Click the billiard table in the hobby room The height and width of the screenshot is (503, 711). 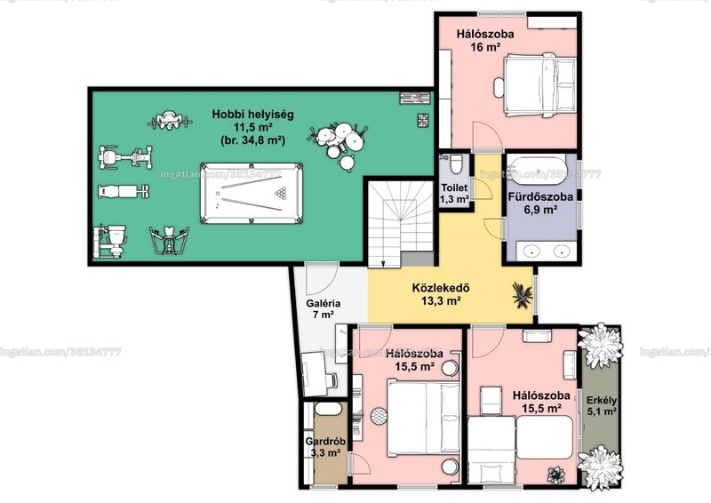(252, 193)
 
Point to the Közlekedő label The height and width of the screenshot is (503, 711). (441, 288)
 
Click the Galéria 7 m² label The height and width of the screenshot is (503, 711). (323, 309)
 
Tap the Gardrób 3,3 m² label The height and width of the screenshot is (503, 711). (325, 447)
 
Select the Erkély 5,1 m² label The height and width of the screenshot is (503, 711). (602, 406)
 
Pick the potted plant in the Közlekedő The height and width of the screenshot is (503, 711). (522, 295)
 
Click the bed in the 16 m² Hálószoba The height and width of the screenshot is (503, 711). (539, 84)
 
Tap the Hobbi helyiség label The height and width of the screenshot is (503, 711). (252, 114)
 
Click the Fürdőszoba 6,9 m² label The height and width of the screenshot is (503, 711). (540, 203)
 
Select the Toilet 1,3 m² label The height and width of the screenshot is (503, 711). (454, 193)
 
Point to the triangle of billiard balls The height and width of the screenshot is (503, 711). (281, 193)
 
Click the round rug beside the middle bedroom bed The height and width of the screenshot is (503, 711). (379, 416)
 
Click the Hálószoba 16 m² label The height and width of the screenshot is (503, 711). (485, 40)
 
